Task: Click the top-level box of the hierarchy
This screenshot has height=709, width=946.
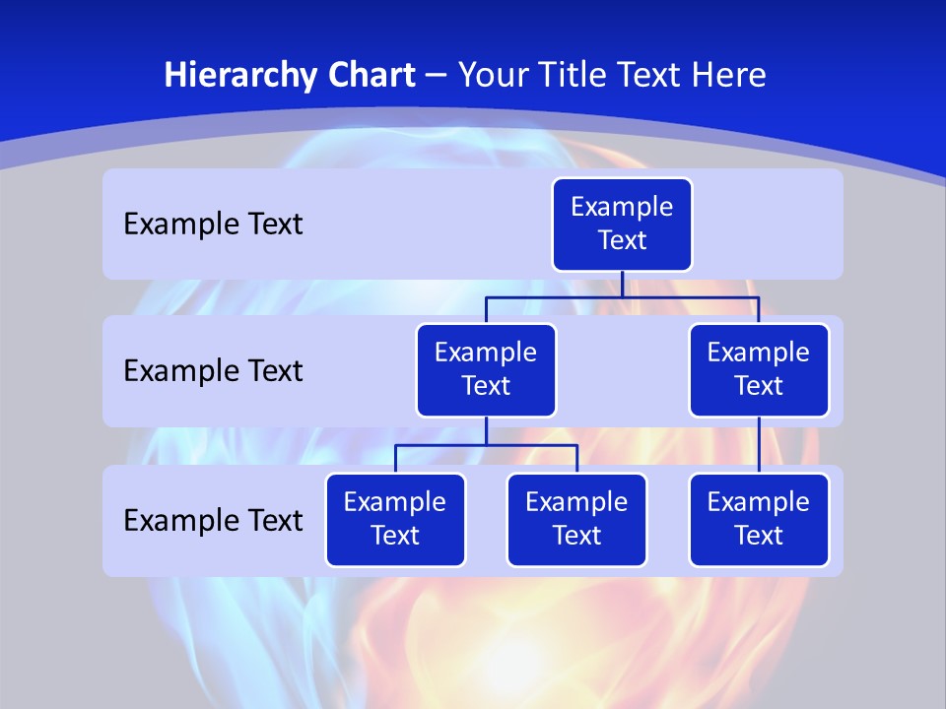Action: click(622, 225)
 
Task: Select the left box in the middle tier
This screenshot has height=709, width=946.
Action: click(486, 370)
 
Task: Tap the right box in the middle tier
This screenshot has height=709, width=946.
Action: click(759, 370)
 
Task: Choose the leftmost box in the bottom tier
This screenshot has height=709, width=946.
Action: click(395, 520)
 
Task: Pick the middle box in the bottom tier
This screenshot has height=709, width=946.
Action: click(576, 520)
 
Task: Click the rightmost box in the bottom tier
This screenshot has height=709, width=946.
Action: click(759, 520)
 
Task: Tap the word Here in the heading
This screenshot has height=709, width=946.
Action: click(731, 76)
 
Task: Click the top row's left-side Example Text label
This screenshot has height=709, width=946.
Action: click(213, 225)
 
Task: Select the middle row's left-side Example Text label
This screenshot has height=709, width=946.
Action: click(213, 371)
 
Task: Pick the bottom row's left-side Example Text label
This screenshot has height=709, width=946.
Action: click(213, 520)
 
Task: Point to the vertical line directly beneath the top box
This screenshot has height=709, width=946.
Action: click(622, 284)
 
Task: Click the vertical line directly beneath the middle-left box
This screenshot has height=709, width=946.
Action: click(486, 431)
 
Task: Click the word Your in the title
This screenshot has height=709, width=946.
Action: click(490, 76)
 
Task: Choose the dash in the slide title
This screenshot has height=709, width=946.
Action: click(435, 76)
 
